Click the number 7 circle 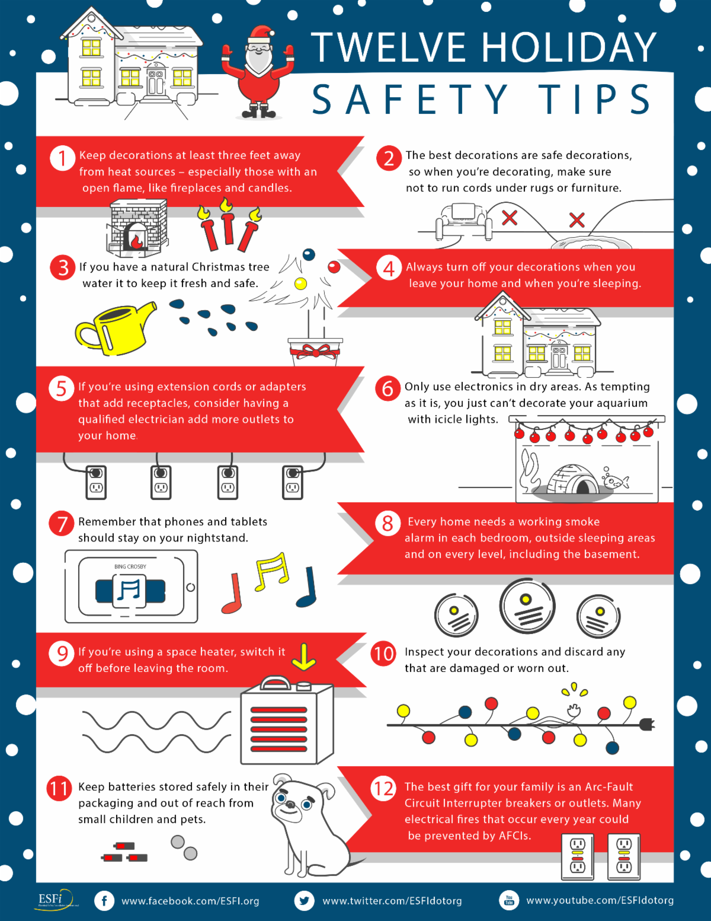[x=62, y=524]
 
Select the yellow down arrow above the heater [x=303, y=657]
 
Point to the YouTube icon [x=509, y=900]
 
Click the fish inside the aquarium [x=616, y=481]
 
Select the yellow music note [x=271, y=572]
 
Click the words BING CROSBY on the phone [x=130, y=567]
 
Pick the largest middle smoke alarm [x=527, y=605]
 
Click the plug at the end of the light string [x=648, y=725]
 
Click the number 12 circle [x=383, y=789]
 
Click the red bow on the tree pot [x=315, y=352]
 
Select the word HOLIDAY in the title [x=569, y=47]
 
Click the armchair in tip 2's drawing [x=465, y=221]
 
